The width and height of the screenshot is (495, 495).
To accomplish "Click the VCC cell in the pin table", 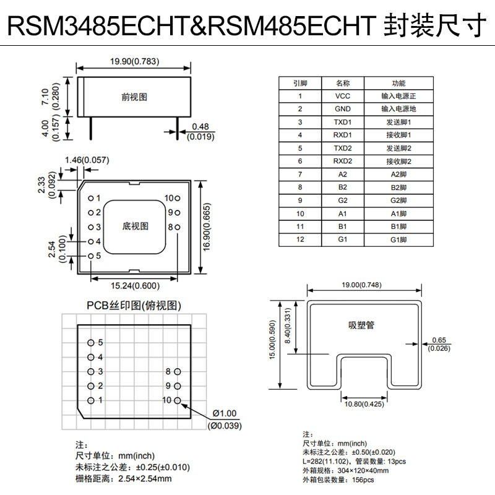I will (342, 96).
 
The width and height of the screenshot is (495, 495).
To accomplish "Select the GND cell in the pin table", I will (342, 109).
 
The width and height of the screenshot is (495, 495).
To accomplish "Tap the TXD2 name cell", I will (342, 148).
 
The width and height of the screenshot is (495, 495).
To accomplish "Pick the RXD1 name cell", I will (342, 135).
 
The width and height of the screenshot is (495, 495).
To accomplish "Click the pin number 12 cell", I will (300, 239).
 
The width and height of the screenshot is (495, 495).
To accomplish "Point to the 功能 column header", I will (398, 83).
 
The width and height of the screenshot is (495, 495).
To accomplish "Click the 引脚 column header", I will (300, 83).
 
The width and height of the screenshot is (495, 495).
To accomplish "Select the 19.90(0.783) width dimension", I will (134, 61).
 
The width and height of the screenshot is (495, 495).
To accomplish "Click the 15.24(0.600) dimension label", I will (134, 286).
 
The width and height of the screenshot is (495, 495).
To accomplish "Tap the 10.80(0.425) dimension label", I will (364, 405).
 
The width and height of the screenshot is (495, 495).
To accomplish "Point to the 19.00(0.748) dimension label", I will (364, 285).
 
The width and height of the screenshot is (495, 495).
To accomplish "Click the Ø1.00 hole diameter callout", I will (224, 413).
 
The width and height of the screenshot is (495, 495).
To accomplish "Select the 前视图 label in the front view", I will (134, 97).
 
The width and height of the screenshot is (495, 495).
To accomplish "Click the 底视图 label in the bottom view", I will (136, 226).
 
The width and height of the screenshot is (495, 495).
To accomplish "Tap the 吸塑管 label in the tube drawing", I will (361, 324).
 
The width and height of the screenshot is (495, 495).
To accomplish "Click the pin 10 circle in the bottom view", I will (178, 199).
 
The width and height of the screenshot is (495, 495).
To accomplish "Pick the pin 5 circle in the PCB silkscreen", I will (91, 342).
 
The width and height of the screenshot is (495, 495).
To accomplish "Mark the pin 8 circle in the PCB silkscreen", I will (178, 371).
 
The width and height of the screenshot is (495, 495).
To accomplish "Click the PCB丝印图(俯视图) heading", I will (134, 306).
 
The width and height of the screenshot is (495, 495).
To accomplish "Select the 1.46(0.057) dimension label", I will (87, 160).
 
